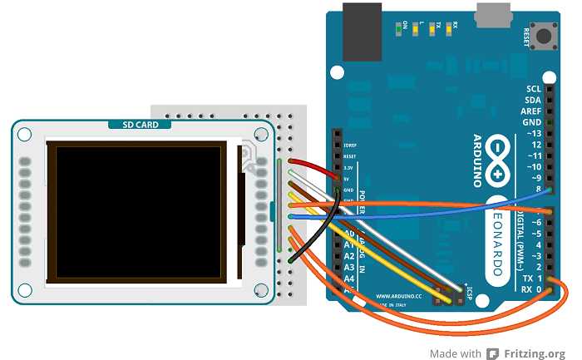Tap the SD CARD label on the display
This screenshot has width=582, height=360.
click(x=141, y=125)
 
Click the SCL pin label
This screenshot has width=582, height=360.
click(x=533, y=88)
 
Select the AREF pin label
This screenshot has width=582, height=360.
click(x=531, y=111)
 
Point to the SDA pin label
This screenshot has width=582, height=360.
click(x=533, y=100)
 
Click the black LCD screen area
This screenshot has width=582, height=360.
click(x=138, y=211)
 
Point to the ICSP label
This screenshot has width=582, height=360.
click(x=471, y=290)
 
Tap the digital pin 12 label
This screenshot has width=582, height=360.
click(x=536, y=145)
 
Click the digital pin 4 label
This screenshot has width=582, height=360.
click(x=540, y=244)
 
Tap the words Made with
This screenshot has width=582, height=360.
click(x=456, y=353)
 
